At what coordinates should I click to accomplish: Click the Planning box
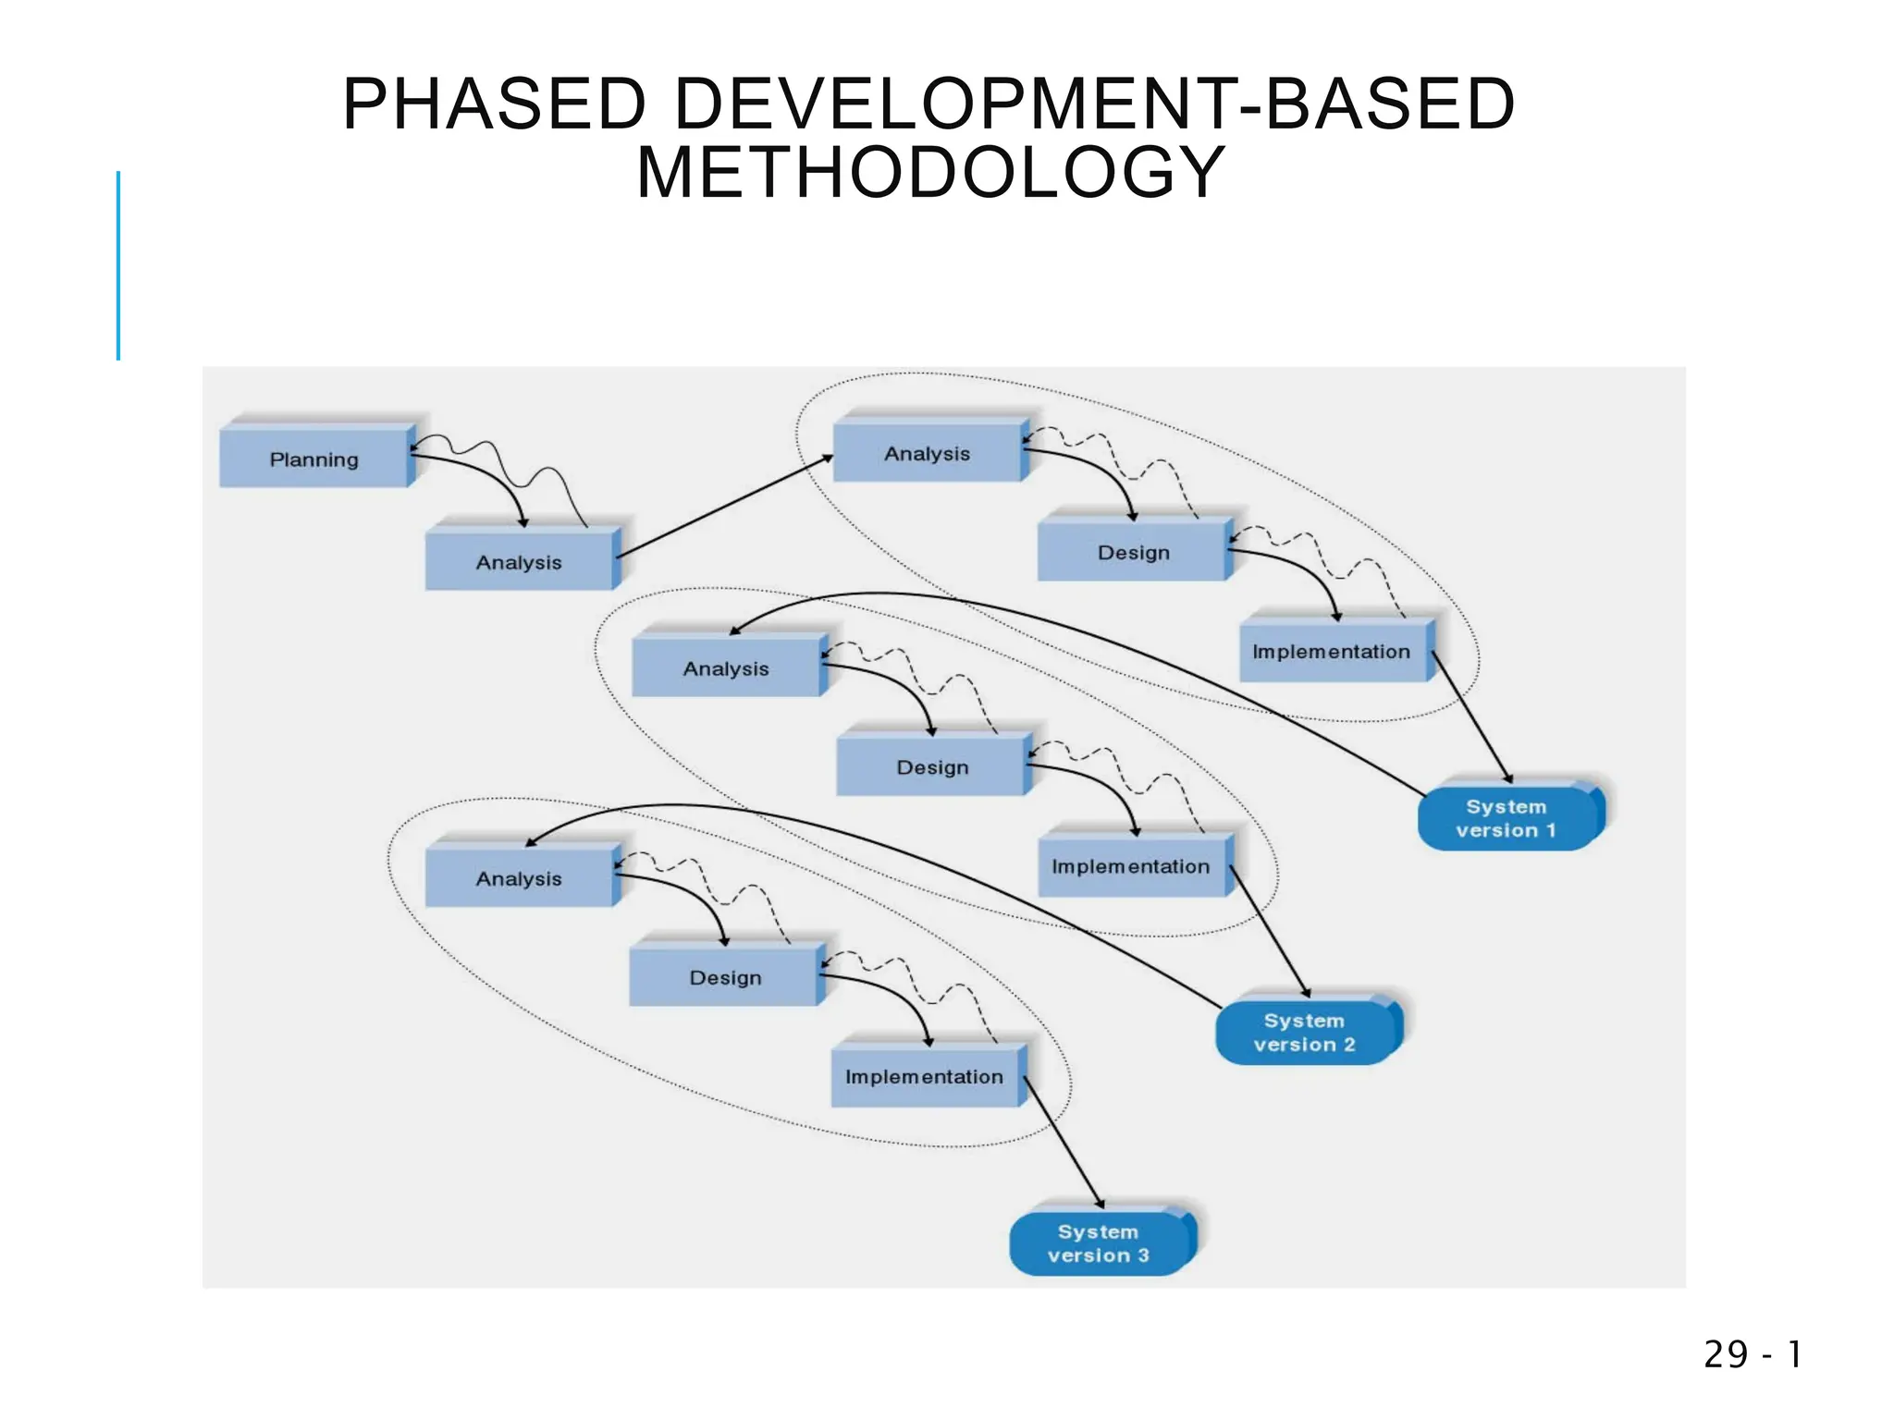(x=314, y=459)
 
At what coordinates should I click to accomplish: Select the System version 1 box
(x=1507, y=818)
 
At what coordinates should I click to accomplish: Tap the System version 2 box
(x=1305, y=1033)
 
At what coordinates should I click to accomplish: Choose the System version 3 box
(x=1099, y=1243)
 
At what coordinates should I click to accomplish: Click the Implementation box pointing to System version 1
(x=1332, y=652)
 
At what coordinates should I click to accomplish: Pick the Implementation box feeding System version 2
(x=1131, y=866)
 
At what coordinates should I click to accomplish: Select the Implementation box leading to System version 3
(x=924, y=1076)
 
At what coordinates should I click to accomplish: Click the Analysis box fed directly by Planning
(x=519, y=562)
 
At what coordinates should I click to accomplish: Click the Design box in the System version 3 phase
(x=725, y=977)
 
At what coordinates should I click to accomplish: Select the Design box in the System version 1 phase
(x=1134, y=552)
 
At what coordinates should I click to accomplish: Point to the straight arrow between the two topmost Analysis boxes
(x=724, y=507)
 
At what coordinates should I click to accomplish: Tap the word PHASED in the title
(x=494, y=104)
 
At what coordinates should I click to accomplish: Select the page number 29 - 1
(x=1753, y=1354)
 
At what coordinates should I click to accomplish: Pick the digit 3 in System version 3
(x=1143, y=1255)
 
